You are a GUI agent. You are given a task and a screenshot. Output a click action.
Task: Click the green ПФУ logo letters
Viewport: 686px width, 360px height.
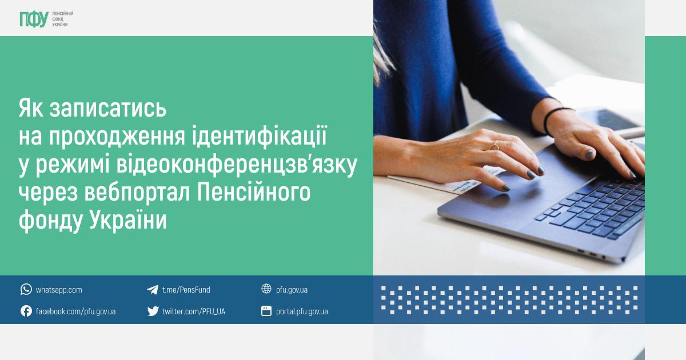coord(34,19)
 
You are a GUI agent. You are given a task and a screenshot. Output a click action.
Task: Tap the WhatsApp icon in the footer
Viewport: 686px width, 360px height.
coord(26,289)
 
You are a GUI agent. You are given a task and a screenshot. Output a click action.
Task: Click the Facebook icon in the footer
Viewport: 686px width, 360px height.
coord(26,311)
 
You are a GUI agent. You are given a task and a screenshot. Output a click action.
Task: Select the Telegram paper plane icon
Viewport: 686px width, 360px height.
coord(153,290)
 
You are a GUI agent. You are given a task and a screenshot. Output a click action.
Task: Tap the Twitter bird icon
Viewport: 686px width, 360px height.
coord(153,311)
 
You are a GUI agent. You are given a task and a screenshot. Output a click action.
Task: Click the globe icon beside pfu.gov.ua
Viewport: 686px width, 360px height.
coord(266,289)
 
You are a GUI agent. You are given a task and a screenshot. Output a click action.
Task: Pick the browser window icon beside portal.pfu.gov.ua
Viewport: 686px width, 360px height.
coord(266,311)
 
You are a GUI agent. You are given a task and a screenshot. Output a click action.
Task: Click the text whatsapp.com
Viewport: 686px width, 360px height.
coord(59,290)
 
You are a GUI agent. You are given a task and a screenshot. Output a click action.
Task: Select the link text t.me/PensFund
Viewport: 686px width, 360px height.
coord(186,290)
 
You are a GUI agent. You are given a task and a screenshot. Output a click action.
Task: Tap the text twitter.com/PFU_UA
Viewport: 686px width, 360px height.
coord(194,311)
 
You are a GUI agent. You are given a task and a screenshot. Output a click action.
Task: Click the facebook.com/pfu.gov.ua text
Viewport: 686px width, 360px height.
coord(75,311)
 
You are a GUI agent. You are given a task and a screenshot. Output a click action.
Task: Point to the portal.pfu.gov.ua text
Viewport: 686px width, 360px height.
coord(302,311)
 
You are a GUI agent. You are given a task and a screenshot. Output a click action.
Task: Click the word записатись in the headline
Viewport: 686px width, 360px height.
coord(108,109)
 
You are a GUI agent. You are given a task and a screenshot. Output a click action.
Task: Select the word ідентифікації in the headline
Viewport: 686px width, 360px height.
coord(260,135)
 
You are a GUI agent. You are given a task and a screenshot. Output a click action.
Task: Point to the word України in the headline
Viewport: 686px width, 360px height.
coord(128,220)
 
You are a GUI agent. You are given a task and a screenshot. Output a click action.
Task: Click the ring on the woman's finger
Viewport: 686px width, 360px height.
coord(494,146)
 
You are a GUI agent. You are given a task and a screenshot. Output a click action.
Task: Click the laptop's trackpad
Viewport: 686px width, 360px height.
coord(521,190)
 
